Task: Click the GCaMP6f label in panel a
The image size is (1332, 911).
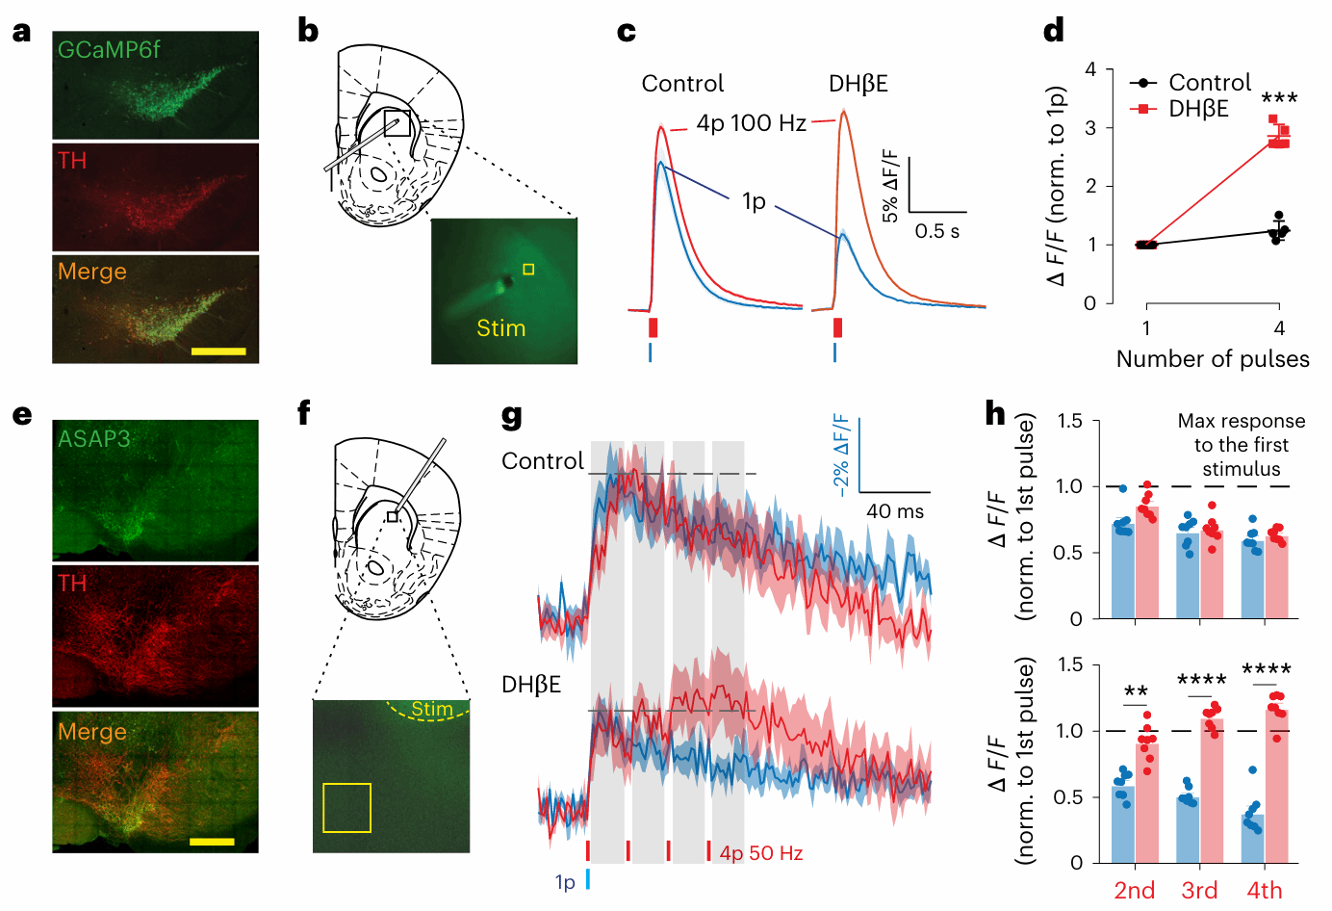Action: coord(109,50)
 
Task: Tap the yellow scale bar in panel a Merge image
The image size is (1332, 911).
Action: coord(218,351)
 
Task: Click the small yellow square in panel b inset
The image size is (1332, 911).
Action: coord(528,270)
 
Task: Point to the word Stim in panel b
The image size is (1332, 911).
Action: coord(501,328)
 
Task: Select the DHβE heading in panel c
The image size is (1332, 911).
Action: coord(858,85)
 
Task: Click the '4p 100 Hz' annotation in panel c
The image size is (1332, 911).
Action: coord(751,123)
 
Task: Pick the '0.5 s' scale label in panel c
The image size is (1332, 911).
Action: coord(936,231)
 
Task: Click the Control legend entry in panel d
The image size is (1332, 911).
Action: coord(1209,83)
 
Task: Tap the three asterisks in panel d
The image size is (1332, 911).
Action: coord(1279,98)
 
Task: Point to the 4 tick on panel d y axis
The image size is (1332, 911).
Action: coord(1090,69)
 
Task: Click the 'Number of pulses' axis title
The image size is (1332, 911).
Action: coord(1213,359)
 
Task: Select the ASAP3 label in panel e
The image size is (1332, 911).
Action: coord(94,439)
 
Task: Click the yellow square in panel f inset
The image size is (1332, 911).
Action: coord(346,807)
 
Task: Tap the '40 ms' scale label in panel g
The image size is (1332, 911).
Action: coord(895,511)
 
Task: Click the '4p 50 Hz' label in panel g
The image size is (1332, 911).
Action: coord(760,853)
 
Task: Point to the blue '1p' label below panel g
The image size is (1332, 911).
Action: coord(565,882)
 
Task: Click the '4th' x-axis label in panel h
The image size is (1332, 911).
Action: coord(1265,891)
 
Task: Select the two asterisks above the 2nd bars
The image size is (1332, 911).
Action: coord(1136,691)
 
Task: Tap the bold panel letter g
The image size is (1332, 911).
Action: coord(512,416)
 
